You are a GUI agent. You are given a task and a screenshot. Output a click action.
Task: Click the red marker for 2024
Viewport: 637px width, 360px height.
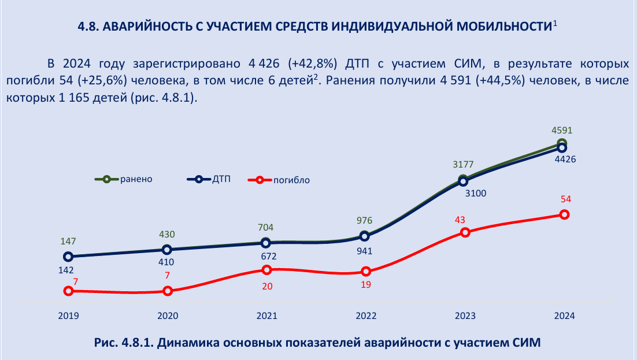point(564,214)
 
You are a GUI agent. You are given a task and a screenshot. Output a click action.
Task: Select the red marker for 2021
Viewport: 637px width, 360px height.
point(266,270)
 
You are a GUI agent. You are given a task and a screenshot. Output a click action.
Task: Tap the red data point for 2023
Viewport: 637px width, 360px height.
point(465,232)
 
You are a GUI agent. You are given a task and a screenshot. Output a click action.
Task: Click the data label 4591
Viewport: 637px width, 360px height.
point(561,131)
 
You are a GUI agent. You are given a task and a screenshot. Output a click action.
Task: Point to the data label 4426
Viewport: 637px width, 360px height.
point(564,159)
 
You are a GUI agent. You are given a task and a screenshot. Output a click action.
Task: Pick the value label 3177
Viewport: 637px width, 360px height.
point(463,166)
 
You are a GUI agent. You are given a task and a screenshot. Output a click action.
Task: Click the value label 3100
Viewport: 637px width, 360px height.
point(476,193)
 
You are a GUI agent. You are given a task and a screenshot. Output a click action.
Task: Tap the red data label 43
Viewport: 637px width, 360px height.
point(460,220)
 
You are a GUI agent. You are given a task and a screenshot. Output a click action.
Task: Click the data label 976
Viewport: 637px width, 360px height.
point(365,221)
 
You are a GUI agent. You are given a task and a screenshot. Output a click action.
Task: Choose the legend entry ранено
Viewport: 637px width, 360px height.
point(136,179)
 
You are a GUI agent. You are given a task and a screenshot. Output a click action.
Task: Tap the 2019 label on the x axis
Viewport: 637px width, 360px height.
point(68,316)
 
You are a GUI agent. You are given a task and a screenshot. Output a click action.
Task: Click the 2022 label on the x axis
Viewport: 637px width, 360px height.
point(366,316)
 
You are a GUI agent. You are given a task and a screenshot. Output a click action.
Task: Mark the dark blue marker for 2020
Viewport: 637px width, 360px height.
point(167,250)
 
